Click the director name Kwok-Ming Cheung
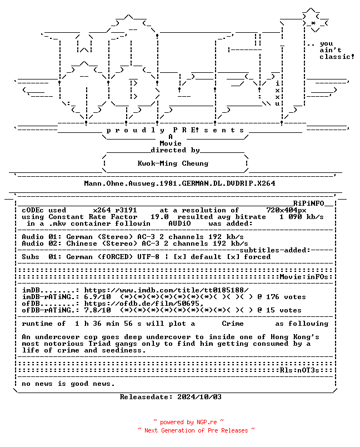pos(173,163)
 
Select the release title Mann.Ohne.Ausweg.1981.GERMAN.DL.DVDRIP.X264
pos(179,183)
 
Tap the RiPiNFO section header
pos(309,203)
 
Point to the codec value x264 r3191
pos(115,210)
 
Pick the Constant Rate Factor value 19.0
pos(159,217)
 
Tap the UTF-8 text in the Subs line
pos(148,257)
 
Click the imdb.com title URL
pos(166,290)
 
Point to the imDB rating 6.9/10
pos(97,297)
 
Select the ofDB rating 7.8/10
pos(97,310)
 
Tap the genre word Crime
pos(233,324)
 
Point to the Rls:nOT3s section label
pos(299,370)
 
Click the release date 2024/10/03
pos(199,397)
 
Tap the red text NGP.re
pos(207,422)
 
